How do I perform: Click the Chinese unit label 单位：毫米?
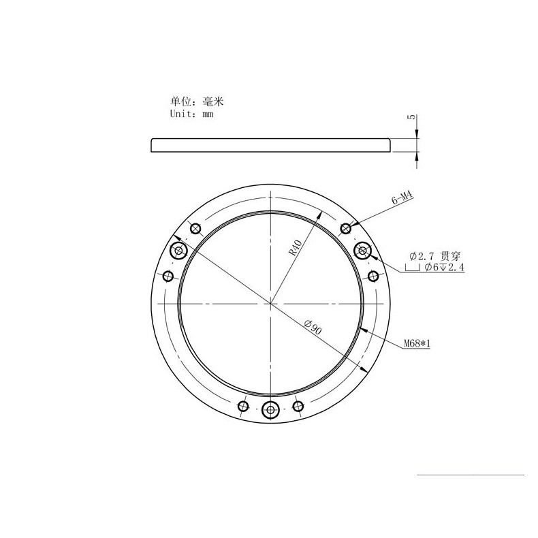[x=196, y=101]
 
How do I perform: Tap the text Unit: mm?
[x=191, y=115]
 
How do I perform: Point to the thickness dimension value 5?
[x=411, y=118]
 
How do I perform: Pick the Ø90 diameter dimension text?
[x=313, y=328]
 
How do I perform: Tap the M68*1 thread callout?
[x=417, y=343]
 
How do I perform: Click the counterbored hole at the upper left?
[x=180, y=251]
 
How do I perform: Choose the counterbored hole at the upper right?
[x=363, y=251]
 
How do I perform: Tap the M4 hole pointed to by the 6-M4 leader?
[x=346, y=227]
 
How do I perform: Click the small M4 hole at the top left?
[x=195, y=227]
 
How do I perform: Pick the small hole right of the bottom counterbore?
[x=297, y=407]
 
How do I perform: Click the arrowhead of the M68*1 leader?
[x=364, y=330]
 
